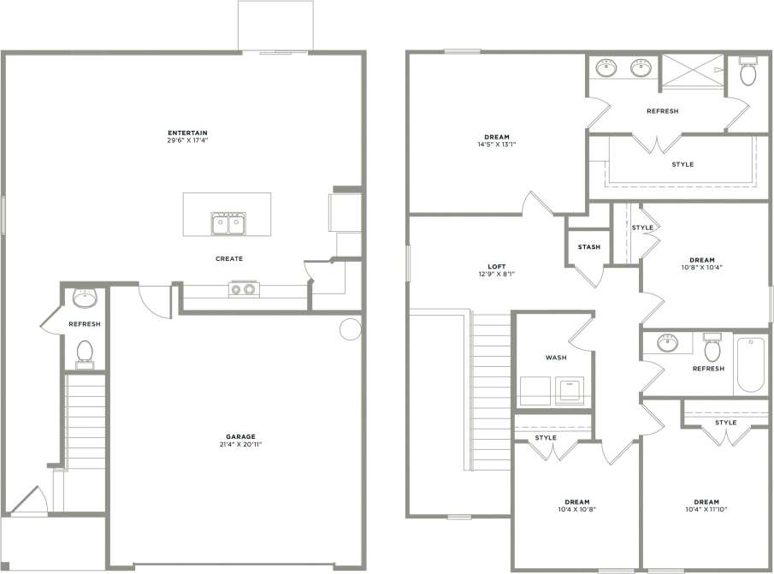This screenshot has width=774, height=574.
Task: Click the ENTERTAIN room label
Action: coord(188,133)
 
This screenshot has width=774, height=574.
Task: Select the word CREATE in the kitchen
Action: coord(229,258)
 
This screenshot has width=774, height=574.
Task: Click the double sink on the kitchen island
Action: coord(228,225)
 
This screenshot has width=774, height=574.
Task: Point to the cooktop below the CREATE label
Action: coord(242,289)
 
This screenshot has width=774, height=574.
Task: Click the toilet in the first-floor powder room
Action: coord(85,352)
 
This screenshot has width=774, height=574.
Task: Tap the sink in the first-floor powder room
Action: coord(85,298)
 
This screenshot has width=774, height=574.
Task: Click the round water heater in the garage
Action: coord(350,329)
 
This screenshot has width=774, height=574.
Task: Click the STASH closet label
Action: coord(588,247)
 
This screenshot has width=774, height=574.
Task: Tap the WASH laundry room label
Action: coord(555,358)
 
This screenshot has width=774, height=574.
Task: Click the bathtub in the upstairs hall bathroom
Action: coord(750,364)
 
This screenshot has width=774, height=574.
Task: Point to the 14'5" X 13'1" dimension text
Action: coord(497,145)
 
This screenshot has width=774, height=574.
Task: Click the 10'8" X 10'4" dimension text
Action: coord(701,268)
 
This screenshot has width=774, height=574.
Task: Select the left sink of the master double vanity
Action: coord(609,67)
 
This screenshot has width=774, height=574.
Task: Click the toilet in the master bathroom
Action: coord(748,73)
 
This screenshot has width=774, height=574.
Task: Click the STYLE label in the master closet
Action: coord(682,164)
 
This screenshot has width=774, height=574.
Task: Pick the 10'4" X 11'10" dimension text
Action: coord(706,510)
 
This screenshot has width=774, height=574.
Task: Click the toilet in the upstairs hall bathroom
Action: coord(711,349)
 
